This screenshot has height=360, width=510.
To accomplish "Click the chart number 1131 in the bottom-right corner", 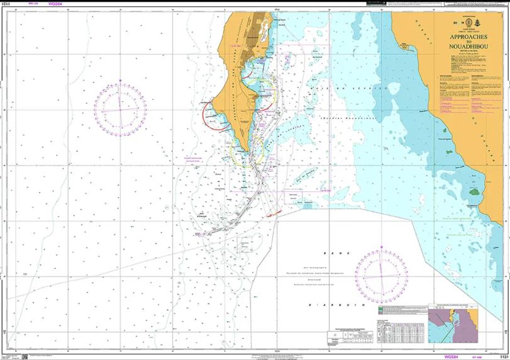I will [502, 356].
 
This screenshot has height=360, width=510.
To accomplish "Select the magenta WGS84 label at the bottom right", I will [451, 356].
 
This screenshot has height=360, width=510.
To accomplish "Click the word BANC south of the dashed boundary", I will [334, 252].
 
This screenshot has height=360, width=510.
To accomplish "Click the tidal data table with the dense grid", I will [397, 332].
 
